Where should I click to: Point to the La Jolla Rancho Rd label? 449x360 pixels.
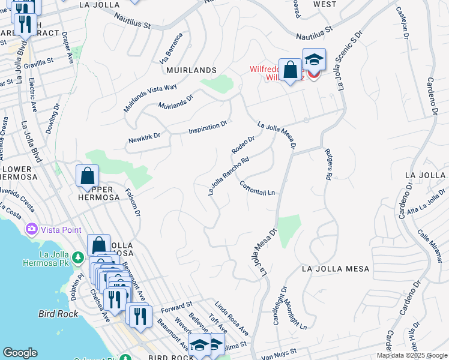tap(228, 176)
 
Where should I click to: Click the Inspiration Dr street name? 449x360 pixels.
tap(208, 127)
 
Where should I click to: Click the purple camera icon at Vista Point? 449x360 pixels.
tap(31, 229)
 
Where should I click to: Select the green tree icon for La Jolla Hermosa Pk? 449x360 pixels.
tap(77, 257)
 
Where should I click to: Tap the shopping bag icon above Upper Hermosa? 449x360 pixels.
tap(88, 176)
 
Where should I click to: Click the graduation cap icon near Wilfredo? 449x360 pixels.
tap(313, 59)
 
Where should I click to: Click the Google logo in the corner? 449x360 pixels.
tap(20, 353)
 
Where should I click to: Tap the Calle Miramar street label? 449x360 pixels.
tap(428, 246)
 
